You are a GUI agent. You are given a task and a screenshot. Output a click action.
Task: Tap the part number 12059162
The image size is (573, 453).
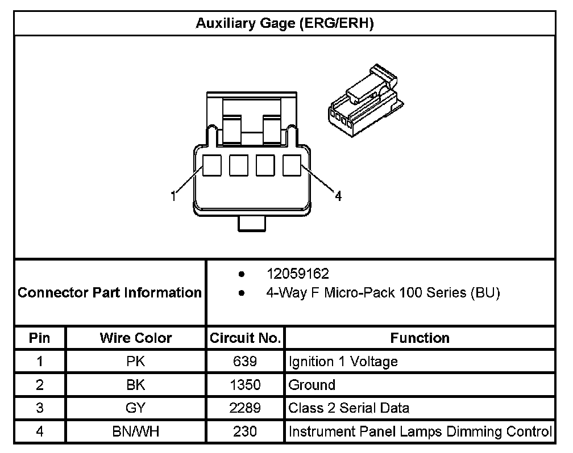click(298, 274)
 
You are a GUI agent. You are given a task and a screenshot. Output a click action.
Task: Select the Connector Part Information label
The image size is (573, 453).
click(110, 293)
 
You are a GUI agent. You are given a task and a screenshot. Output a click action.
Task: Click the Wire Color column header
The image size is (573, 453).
click(136, 338)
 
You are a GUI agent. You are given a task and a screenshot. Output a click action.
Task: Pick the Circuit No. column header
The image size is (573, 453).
click(245, 338)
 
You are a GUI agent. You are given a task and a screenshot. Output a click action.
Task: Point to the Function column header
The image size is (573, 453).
click(420, 338)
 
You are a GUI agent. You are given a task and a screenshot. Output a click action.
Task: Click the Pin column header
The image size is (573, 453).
click(40, 338)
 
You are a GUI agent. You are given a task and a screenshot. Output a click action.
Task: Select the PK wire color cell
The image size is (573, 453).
click(136, 362)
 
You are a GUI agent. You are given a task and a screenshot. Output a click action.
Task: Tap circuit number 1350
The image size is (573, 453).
click(245, 385)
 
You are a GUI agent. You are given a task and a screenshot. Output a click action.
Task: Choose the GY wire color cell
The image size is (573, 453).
click(136, 408)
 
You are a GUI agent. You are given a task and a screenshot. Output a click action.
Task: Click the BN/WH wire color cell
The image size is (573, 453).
click(136, 431)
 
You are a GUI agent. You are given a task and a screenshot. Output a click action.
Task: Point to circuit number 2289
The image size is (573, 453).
click(245, 408)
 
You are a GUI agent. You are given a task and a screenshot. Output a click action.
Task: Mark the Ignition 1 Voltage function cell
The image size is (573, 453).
click(343, 362)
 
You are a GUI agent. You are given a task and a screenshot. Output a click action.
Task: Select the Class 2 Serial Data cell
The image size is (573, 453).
click(348, 408)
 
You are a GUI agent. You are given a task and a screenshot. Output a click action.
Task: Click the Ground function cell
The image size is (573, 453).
click(312, 385)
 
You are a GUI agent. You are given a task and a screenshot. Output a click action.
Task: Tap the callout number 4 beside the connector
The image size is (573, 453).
click(338, 197)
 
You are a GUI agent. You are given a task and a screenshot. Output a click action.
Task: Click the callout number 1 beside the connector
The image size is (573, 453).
click(173, 197)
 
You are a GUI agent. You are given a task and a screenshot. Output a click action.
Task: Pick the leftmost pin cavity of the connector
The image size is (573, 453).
click(213, 165)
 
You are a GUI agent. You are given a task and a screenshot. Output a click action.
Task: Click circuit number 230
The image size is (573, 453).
click(245, 431)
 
